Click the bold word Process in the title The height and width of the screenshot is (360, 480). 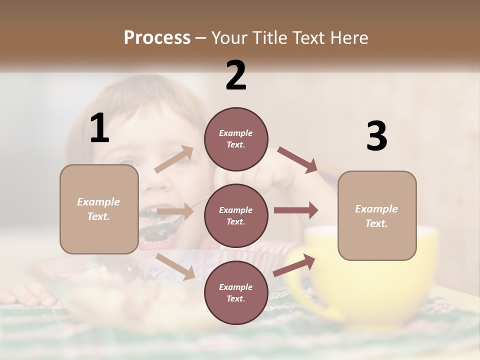pyautogui.click(x=157, y=37)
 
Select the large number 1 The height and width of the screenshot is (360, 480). pyautogui.click(x=99, y=128)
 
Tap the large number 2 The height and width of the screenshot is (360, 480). pyautogui.click(x=236, y=75)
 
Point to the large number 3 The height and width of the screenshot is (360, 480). pyautogui.click(x=376, y=136)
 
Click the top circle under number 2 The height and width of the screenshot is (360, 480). pyautogui.click(x=236, y=139)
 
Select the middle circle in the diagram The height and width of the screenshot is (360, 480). pyautogui.click(x=236, y=215)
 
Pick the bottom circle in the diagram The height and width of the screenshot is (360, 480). pyautogui.click(x=236, y=292)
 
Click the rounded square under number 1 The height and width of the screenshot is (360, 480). pyautogui.click(x=99, y=209)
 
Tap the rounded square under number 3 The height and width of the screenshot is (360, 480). pyautogui.click(x=377, y=215)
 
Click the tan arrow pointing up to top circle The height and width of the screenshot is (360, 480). pyautogui.click(x=174, y=159)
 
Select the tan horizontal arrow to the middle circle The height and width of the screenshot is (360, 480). pyautogui.click(x=175, y=211)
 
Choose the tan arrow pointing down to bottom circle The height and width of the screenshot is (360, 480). pyautogui.click(x=175, y=266)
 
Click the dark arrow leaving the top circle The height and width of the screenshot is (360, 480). pyautogui.click(x=297, y=159)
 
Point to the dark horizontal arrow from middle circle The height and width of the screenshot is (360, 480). pyautogui.click(x=295, y=210)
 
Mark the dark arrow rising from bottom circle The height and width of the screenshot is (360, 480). pyautogui.click(x=294, y=265)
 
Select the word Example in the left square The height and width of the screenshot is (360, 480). pyautogui.click(x=98, y=202)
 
